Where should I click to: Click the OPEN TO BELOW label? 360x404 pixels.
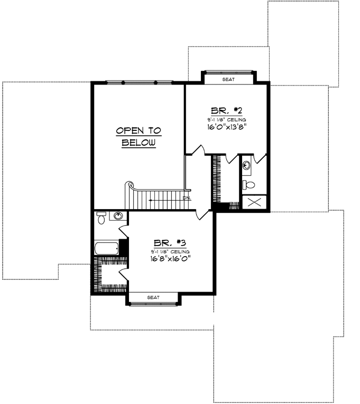pyautogui.click(x=139, y=136)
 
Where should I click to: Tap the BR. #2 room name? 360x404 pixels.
pyautogui.click(x=226, y=111)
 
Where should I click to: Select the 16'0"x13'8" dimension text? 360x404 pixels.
pyautogui.click(x=226, y=127)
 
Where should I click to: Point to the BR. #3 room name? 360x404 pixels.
pyautogui.click(x=169, y=243)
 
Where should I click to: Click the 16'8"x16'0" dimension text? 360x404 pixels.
pyautogui.click(x=170, y=258)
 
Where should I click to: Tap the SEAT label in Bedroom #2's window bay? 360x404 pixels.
pyautogui.click(x=228, y=79)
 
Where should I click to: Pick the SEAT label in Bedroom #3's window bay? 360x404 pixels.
pyautogui.click(x=153, y=298)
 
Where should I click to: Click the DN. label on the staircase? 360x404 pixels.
pyautogui.click(x=186, y=198)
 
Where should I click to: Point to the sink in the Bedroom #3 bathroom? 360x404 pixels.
pyautogui.click(x=119, y=216)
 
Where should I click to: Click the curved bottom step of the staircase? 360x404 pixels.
pyautogui.click(x=130, y=187)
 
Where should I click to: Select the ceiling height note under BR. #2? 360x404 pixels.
pyautogui.click(x=226, y=120)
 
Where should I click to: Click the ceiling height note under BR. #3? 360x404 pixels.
pyautogui.click(x=169, y=251)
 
